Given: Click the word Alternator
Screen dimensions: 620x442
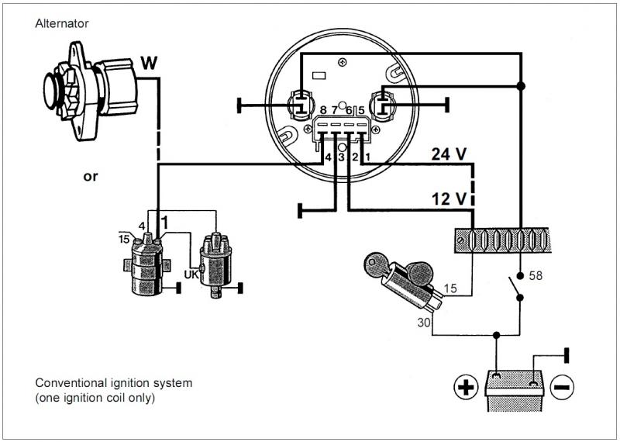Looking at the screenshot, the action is point(62,24).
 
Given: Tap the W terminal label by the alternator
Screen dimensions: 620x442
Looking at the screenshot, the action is point(149,63).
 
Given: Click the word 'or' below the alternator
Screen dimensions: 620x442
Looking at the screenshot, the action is point(90,177).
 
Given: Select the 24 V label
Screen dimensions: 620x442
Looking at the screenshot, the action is point(449,154).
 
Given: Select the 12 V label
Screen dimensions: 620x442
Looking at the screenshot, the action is point(449,199).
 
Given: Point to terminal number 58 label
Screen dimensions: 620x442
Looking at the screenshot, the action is point(536,275).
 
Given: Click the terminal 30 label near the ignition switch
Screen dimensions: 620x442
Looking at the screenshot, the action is point(423,323).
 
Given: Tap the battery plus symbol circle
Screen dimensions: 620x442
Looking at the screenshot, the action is point(466,387).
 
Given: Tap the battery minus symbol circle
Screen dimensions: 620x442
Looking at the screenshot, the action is point(562,387).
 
